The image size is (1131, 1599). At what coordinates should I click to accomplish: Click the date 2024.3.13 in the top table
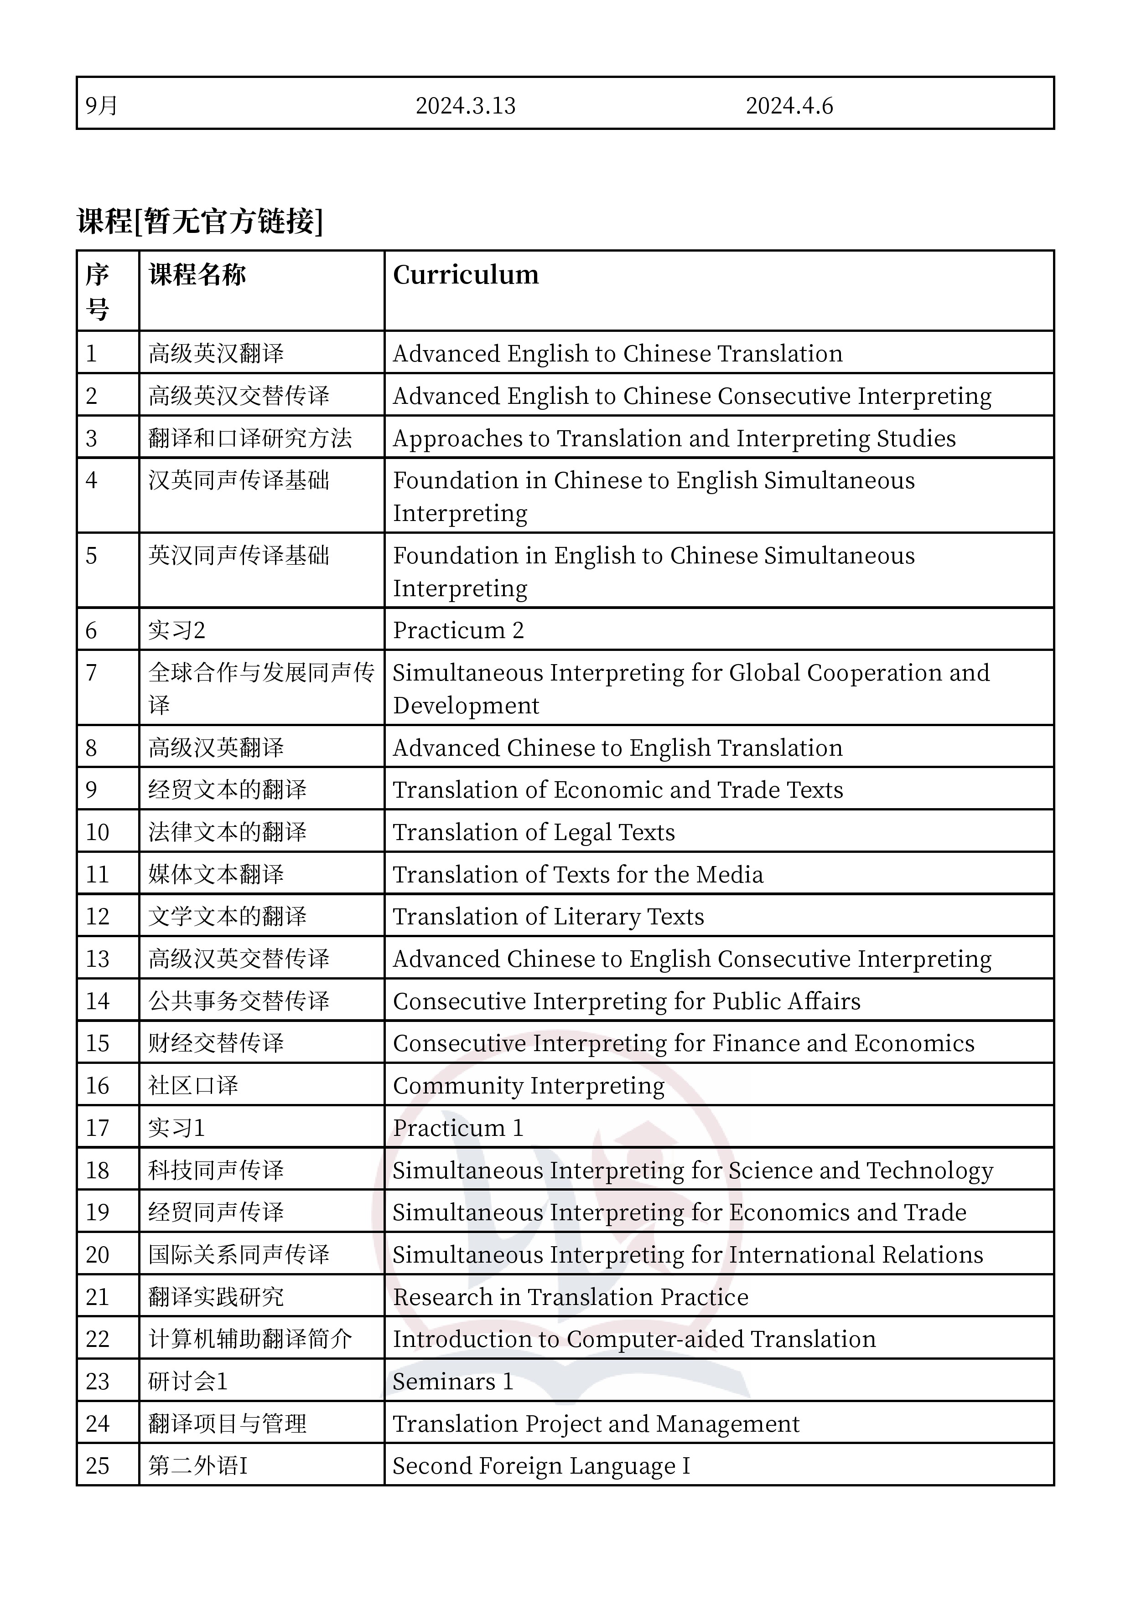[x=466, y=106]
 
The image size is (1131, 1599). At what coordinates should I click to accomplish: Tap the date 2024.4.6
[x=789, y=106]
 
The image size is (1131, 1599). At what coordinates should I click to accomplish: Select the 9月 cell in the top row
[x=102, y=106]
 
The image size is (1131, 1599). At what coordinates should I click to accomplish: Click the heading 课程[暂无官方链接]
[x=200, y=222]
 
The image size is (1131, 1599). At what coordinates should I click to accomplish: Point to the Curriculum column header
[x=466, y=275]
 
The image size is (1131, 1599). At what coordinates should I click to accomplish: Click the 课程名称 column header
[x=197, y=275]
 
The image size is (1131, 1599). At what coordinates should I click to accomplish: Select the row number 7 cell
[x=91, y=673]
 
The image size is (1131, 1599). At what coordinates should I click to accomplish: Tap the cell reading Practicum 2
[x=458, y=630]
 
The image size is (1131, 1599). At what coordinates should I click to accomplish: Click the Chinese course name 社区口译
[x=193, y=1085]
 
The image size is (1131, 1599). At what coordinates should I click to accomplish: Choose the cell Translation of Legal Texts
[x=534, y=832]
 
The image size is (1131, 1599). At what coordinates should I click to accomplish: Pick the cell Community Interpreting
[x=528, y=1085]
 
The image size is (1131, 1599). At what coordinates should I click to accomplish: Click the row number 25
[x=98, y=1465]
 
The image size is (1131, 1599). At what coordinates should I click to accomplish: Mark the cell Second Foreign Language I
[x=541, y=1465]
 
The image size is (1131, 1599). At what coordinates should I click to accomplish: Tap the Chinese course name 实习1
[x=176, y=1128]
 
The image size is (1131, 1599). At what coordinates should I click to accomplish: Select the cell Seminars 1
[x=453, y=1381]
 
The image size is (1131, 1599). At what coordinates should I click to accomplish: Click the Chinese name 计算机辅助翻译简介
[x=250, y=1339]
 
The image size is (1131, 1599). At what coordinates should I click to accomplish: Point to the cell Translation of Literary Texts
[x=549, y=917]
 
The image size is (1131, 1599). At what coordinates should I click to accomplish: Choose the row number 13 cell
[x=98, y=959]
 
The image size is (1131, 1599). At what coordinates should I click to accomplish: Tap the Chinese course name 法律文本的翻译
[x=227, y=832]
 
